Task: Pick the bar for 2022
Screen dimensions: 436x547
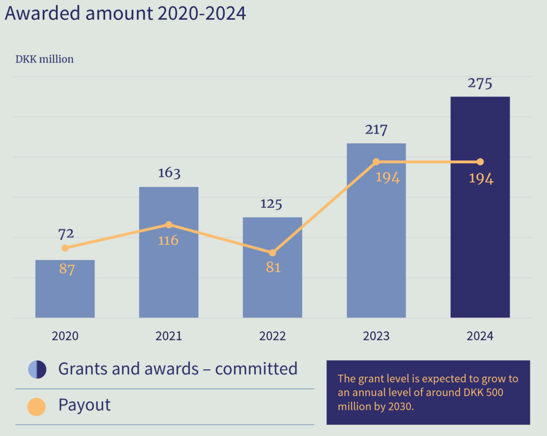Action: [x=272, y=278]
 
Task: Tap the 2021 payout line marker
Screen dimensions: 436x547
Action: [x=169, y=224]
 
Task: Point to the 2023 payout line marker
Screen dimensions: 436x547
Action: [x=376, y=161]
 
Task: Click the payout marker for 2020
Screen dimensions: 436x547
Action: [x=65, y=248]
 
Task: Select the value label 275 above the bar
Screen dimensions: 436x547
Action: [x=480, y=84]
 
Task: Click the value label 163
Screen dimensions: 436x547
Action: [x=169, y=173]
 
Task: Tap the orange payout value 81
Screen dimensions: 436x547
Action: [x=273, y=267]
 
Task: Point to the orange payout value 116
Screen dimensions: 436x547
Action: [x=168, y=240]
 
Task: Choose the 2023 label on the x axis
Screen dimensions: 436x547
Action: [x=376, y=336]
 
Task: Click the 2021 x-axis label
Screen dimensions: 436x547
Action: [x=169, y=336]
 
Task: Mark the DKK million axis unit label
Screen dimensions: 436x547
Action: [x=44, y=59]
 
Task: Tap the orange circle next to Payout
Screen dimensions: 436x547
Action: [x=36, y=406]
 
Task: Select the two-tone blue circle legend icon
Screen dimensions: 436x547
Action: [x=37, y=369]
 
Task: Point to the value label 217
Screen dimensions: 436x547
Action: [x=376, y=130]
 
